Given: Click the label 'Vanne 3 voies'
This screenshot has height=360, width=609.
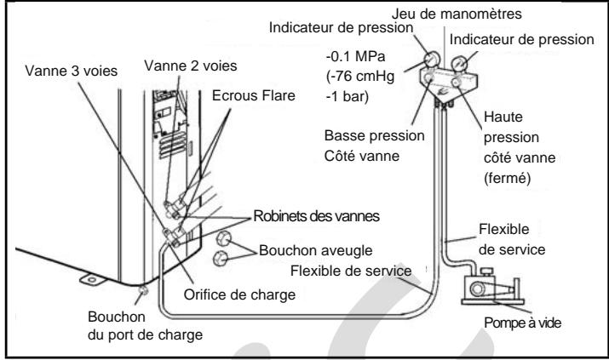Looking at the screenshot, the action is [71, 71].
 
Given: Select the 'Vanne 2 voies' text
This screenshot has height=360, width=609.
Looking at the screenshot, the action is [190, 66].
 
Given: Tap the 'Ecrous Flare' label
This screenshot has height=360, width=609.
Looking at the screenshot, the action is [254, 95].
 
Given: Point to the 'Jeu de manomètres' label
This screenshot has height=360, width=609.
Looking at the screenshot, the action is [457, 14].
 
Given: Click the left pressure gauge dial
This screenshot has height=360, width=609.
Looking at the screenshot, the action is [431, 60].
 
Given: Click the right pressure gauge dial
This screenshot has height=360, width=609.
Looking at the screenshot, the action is [459, 64].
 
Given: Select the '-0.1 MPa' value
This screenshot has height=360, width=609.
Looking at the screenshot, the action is [355, 57].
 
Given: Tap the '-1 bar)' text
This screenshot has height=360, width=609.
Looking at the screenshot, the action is [348, 96].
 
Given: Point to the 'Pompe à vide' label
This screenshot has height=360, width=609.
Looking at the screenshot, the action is [522, 323].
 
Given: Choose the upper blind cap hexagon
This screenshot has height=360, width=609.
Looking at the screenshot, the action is [223, 238].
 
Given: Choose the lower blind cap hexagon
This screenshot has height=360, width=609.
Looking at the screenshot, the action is [221, 258].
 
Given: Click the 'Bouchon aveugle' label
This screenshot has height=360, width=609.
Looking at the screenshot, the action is [315, 250].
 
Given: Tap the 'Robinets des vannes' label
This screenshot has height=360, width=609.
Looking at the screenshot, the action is [316, 216].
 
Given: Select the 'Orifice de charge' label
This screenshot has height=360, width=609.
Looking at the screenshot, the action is [239, 294].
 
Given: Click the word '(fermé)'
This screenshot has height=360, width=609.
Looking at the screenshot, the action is [508, 179].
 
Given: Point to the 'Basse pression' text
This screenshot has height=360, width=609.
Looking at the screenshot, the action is [374, 136].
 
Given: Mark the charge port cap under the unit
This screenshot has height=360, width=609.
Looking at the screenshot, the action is [143, 290].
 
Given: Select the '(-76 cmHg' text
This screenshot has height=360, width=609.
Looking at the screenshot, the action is [360, 76].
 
